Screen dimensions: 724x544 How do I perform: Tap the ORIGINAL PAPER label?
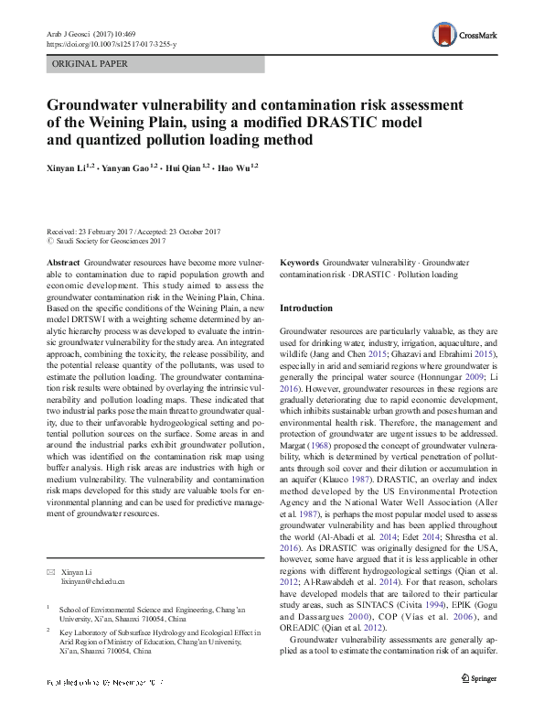(89, 64)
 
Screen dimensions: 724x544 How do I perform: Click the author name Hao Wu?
(240, 167)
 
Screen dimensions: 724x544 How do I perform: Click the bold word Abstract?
(62, 262)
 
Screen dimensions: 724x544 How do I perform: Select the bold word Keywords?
(300, 262)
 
